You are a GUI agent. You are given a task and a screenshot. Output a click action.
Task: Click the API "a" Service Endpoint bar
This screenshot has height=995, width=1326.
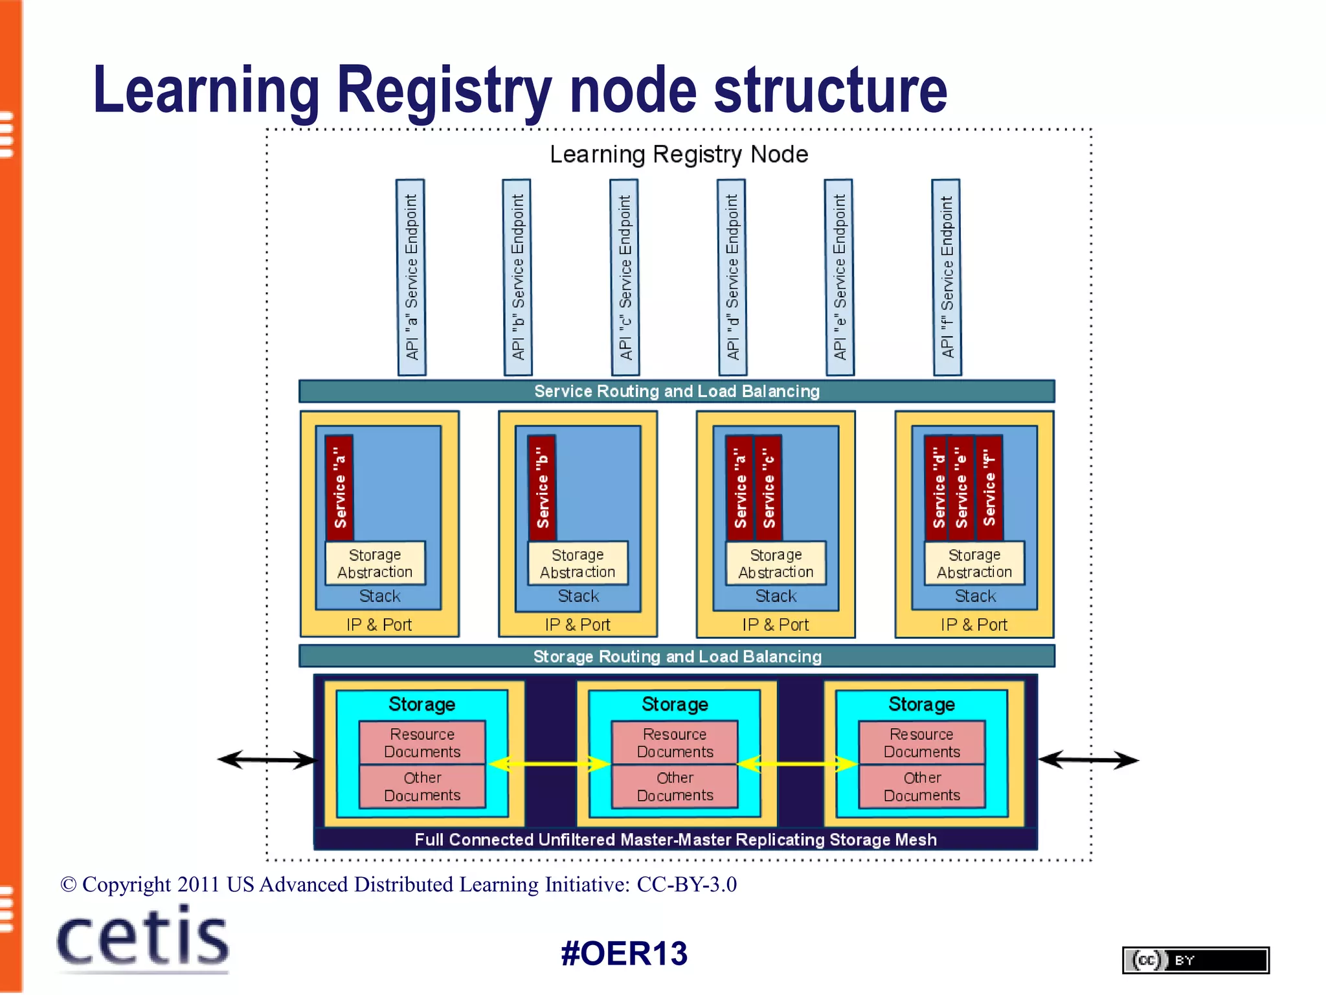411,277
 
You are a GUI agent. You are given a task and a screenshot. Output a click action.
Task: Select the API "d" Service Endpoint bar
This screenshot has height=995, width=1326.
732,277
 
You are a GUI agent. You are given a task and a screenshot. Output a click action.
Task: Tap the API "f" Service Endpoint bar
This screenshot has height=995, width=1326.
946,277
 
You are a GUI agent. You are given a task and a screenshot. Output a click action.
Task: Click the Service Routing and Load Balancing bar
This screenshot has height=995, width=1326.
677,391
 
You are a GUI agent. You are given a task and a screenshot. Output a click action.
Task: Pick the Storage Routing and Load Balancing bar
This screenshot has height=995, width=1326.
677,656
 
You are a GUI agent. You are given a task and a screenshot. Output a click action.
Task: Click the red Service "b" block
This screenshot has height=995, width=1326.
543,488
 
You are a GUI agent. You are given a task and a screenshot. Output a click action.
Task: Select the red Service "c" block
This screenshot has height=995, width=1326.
769,488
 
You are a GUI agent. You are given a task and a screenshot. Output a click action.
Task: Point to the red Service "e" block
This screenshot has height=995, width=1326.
961,488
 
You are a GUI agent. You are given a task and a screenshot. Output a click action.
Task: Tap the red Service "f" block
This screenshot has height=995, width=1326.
989,488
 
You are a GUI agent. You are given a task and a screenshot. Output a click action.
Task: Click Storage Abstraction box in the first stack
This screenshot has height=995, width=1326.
375,564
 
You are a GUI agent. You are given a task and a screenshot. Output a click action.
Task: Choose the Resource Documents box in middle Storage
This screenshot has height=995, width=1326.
675,742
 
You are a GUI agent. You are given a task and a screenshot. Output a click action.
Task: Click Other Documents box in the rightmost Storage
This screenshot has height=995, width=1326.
922,786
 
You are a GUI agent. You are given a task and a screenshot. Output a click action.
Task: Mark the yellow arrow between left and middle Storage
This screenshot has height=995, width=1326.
549,764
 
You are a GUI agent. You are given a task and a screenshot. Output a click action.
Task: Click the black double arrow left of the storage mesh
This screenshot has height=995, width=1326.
267,759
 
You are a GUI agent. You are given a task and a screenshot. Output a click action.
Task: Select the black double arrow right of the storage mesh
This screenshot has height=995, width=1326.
1088,759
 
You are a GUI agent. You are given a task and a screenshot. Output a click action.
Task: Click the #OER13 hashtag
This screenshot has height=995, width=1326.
624,954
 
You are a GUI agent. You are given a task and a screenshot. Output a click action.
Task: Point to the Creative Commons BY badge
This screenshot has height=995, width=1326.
1195,960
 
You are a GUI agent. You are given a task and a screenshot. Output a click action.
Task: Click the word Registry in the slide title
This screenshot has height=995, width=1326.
444,91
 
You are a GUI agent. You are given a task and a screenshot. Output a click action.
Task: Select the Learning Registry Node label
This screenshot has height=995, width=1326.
679,154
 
